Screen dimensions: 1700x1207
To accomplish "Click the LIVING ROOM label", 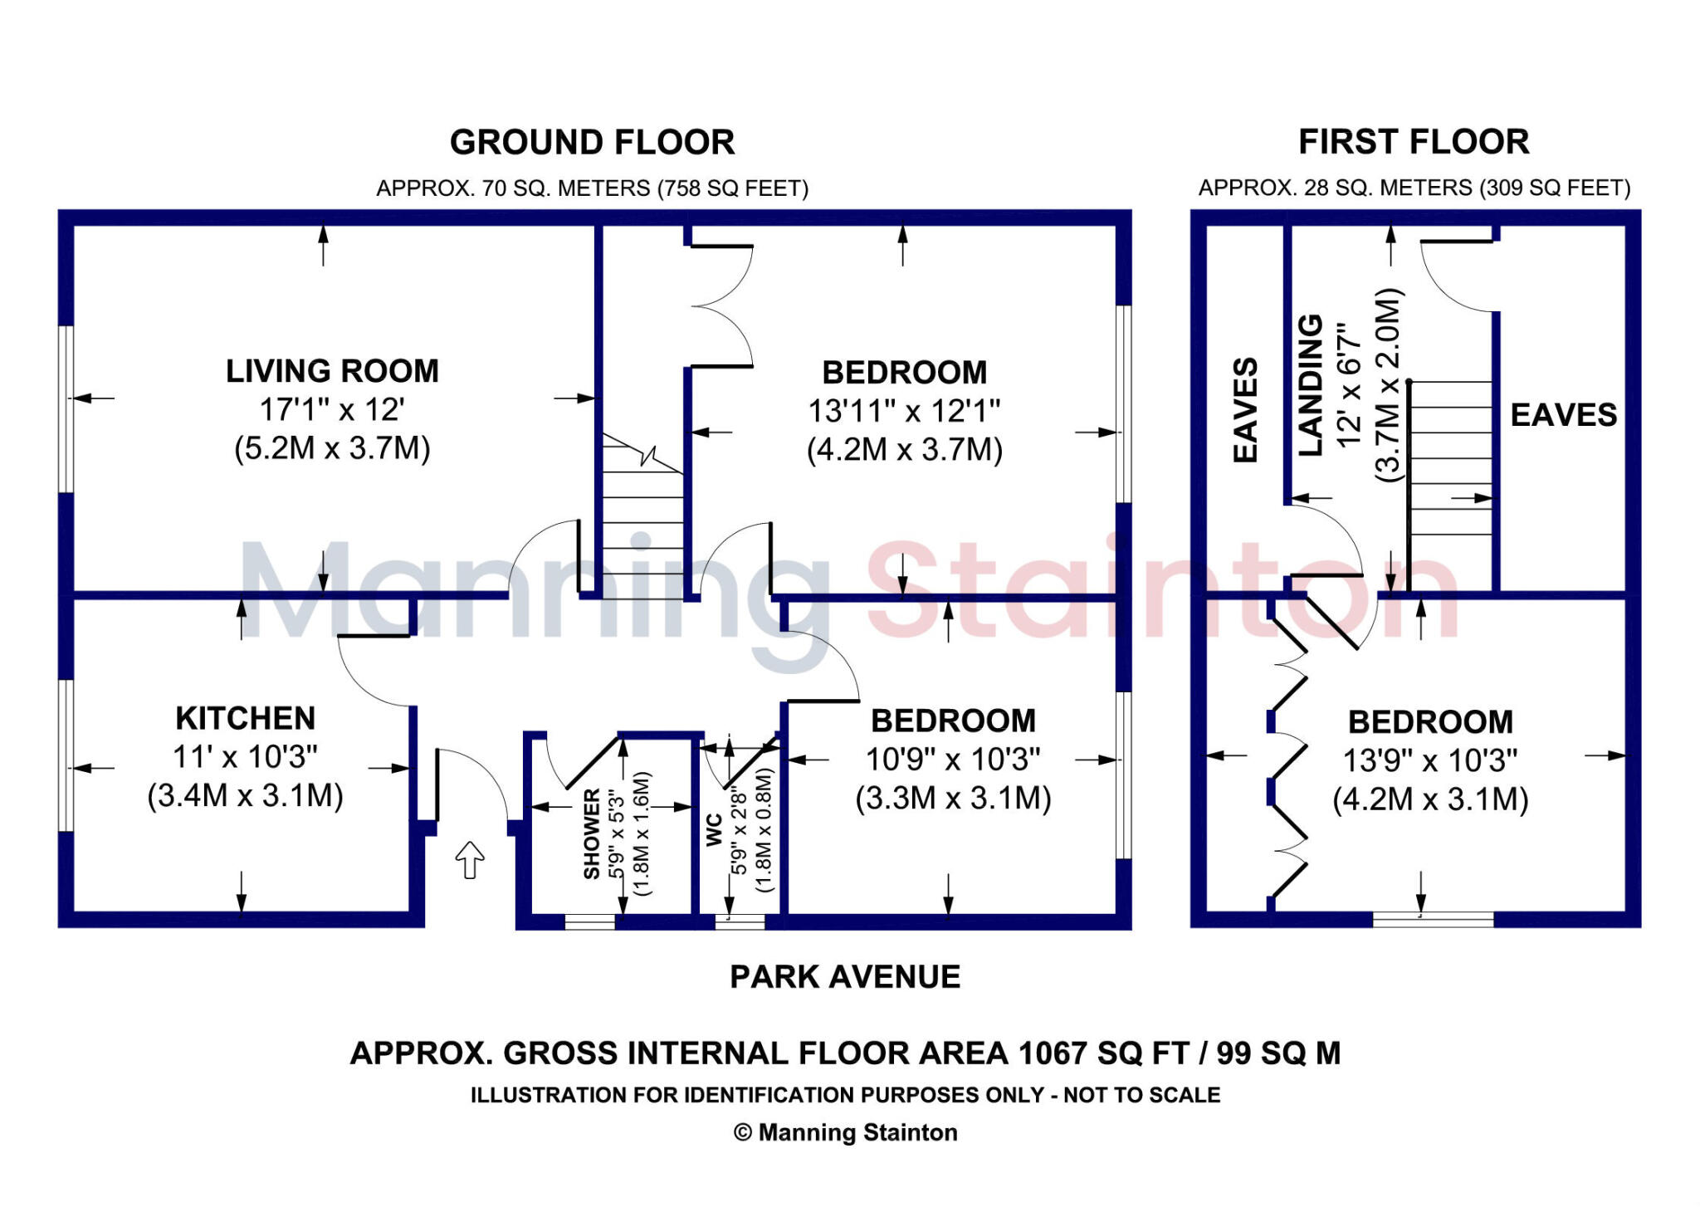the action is pyautogui.click(x=332, y=371).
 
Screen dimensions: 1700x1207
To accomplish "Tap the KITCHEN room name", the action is pyautogui.click(x=246, y=718).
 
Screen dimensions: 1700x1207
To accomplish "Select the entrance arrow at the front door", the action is pyautogui.click(x=470, y=859).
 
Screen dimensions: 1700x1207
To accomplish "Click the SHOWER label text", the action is pyautogui.click(x=592, y=833).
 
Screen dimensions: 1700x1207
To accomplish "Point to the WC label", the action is pyautogui.click(x=714, y=830).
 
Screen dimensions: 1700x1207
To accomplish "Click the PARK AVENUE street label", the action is pyautogui.click(x=845, y=977).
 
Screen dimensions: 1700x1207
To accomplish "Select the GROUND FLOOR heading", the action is pyautogui.click(x=592, y=143).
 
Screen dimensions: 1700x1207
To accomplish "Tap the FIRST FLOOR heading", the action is pyautogui.click(x=1414, y=142).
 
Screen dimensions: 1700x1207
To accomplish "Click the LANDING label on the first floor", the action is pyautogui.click(x=1310, y=385).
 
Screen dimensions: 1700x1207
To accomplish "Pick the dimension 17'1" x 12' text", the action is pyautogui.click(x=332, y=410).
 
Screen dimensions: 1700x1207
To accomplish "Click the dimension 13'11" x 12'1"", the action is pyautogui.click(x=904, y=411).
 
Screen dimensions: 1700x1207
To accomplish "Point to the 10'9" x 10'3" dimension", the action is pyautogui.click(x=953, y=760).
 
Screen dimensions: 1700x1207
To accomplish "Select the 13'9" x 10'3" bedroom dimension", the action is pyautogui.click(x=1430, y=760).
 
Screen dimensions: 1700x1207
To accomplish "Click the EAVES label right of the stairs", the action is pyautogui.click(x=1563, y=415).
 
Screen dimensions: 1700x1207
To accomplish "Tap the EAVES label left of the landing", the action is pyautogui.click(x=1245, y=410).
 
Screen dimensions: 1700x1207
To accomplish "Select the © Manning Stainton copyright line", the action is pyautogui.click(x=845, y=1133).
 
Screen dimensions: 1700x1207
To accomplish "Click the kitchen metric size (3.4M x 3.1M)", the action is pyautogui.click(x=246, y=795).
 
